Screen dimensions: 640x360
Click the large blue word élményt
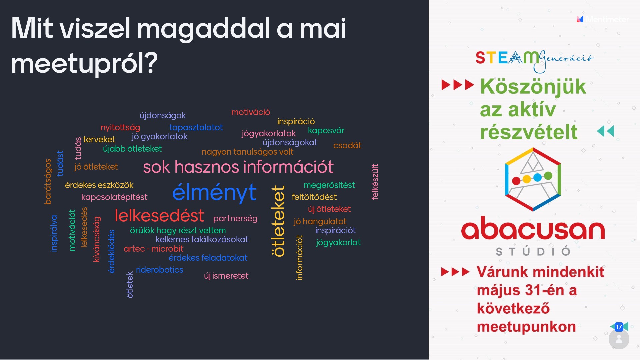[214, 192]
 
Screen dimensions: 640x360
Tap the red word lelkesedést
[159, 215]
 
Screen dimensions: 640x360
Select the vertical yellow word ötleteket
[279, 221]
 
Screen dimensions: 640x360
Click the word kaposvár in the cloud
[326, 130]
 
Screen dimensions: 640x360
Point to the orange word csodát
[347, 145]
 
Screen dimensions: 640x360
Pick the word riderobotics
[159, 270]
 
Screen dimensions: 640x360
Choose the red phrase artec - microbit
[153, 249]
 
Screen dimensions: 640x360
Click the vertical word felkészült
[375, 182]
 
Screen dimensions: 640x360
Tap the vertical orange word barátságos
[48, 181]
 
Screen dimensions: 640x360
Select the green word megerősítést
[329, 185]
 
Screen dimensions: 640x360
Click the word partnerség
[235, 219]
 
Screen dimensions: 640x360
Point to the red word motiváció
[251, 112]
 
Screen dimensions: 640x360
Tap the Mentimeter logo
[603, 19]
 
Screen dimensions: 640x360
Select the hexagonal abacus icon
[533, 179]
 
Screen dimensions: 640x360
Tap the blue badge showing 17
[619, 327]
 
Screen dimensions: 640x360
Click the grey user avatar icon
[619, 339]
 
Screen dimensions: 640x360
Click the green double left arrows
[605, 131]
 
